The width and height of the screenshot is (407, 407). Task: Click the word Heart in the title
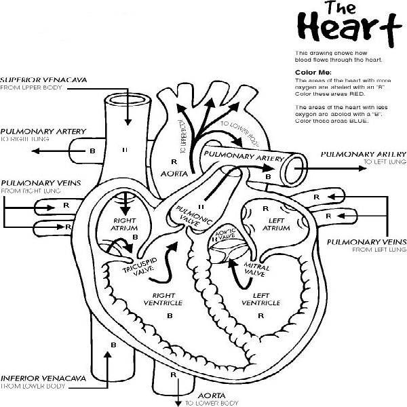(x=345, y=29)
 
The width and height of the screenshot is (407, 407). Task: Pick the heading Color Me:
(x=313, y=73)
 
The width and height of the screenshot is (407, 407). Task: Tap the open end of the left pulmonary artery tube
(x=294, y=163)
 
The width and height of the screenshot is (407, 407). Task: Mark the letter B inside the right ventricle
(x=170, y=316)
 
